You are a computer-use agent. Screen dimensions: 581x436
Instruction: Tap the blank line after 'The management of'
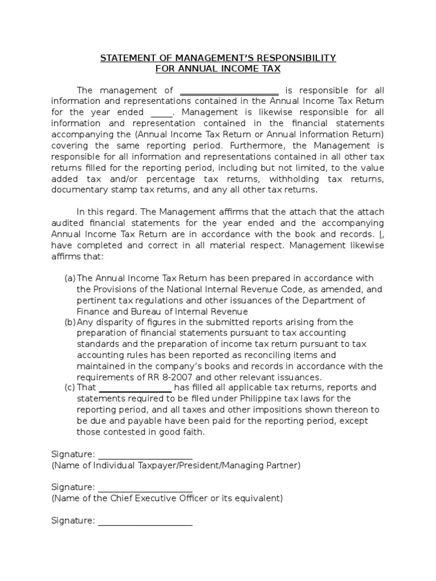click(229, 91)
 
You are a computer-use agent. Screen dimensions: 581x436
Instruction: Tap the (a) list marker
click(70, 278)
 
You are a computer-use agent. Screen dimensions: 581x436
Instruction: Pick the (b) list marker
click(70, 322)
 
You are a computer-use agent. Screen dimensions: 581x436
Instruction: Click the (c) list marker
click(70, 388)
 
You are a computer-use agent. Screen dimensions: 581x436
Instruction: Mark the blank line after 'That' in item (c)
click(136, 389)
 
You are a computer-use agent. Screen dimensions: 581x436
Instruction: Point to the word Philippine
click(262, 399)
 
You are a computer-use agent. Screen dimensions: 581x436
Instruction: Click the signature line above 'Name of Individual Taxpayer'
click(145, 456)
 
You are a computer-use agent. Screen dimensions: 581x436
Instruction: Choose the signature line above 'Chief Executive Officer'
click(145, 489)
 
